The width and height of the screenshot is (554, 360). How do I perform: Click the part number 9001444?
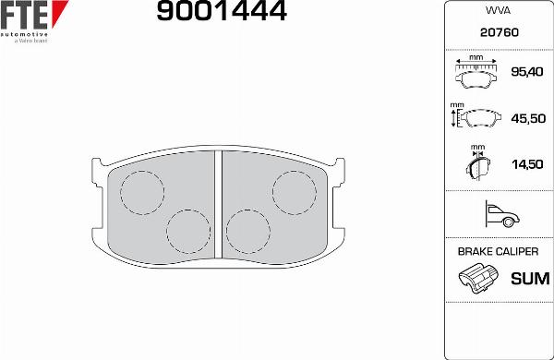pos(222,12)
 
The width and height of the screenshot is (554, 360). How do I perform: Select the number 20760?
pos(499,31)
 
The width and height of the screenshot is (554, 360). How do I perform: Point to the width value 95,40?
pos(526,71)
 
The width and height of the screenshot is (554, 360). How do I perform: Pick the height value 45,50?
pos(526,118)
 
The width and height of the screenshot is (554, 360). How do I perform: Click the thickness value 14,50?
pos(526,164)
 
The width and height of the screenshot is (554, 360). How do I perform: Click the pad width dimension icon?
pos(476,71)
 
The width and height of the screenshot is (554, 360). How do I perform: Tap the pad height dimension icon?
pos(475,118)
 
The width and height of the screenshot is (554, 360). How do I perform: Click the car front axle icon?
pos(499,216)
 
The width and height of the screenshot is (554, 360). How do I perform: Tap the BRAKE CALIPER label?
pos(499,251)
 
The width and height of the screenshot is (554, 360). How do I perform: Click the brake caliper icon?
pos(478,279)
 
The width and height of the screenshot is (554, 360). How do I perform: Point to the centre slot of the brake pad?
pos(219,203)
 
